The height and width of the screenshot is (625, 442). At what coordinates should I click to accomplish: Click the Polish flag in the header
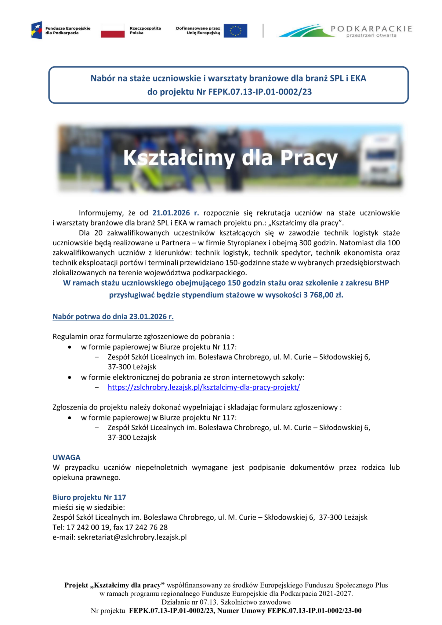click(x=112, y=31)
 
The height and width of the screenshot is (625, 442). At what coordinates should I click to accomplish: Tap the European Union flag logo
click(x=235, y=31)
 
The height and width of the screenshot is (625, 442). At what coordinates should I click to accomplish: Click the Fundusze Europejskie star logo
click(x=37, y=31)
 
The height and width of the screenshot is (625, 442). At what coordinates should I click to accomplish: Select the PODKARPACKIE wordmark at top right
click(x=371, y=29)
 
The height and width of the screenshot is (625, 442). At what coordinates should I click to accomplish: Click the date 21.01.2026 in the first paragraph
click(x=171, y=213)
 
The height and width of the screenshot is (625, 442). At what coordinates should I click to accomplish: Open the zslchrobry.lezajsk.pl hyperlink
click(x=204, y=387)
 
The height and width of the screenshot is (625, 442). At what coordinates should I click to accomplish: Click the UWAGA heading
click(x=67, y=457)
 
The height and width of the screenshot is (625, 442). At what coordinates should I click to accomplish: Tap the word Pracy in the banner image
click(x=309, y=158)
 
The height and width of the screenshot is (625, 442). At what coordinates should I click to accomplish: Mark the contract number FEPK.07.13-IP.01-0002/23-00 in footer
click(x=314, y=611)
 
